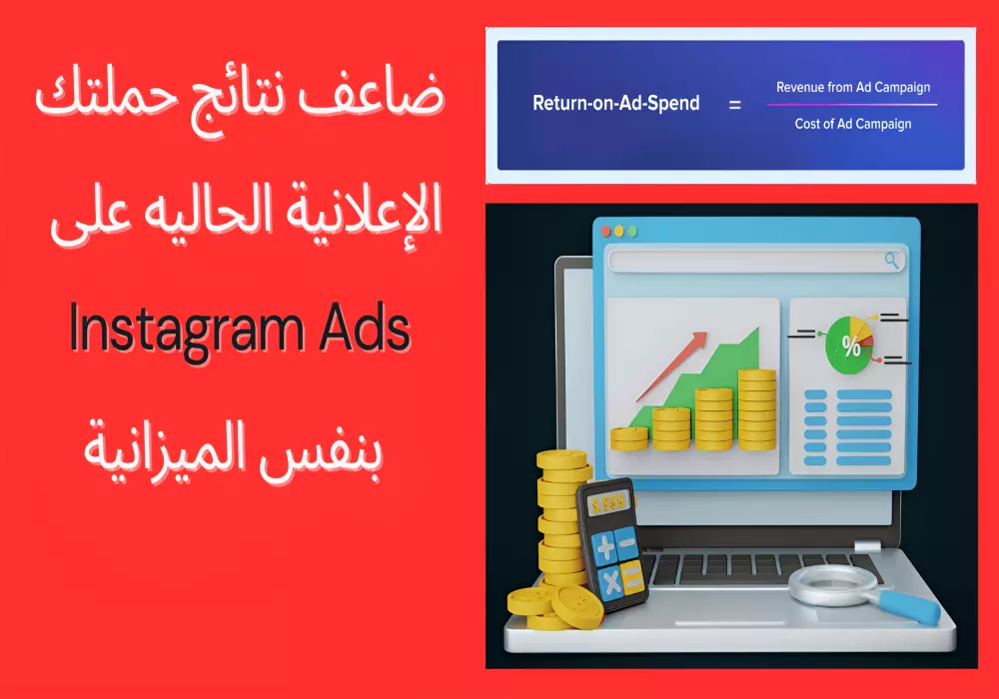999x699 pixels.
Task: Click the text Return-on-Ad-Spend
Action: point(615,103)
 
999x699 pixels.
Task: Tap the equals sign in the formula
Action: point(734,103)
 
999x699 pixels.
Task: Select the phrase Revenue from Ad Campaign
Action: point(853,88)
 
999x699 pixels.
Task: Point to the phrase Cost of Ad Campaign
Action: point(853,124)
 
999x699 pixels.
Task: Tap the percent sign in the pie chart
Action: point(851,347)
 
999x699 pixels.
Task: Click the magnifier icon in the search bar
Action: point(892,261)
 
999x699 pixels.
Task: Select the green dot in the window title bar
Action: point(632,231)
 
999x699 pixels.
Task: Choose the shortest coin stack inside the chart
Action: point(629,436)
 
